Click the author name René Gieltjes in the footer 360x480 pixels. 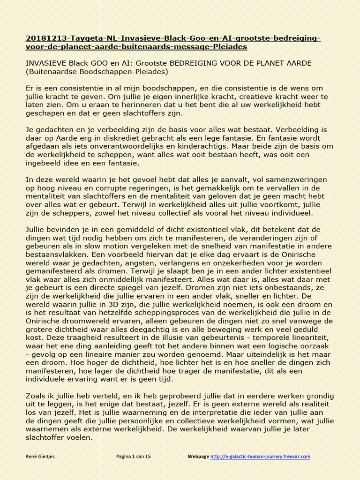pyautogui.click(x=40, y=457)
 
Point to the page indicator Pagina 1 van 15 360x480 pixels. pyautogui.click(x=134, y=457)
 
